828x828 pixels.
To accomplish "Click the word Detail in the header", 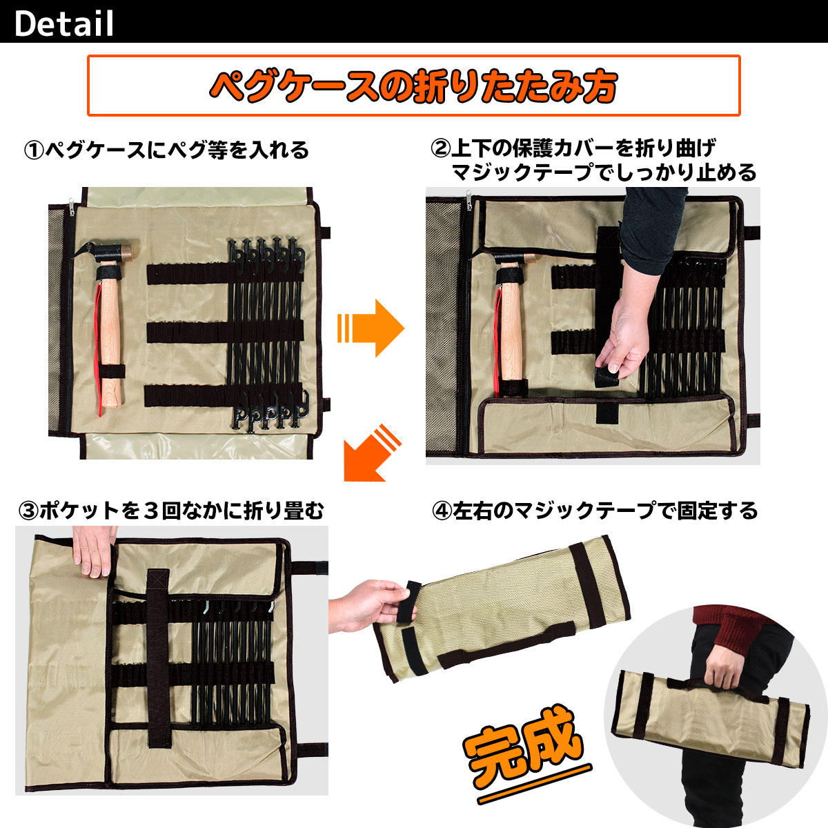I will tap(63, 23).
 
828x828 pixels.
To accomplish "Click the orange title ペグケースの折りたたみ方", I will tap(413, 86).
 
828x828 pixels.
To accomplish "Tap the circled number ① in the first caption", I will tap(34, 150).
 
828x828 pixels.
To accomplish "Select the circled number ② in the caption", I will tap(440, 148).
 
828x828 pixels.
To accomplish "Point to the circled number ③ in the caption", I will tap(29, 511).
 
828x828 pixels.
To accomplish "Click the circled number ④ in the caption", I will tap(442, 511).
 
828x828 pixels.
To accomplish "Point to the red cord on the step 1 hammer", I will tap(99, 345).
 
